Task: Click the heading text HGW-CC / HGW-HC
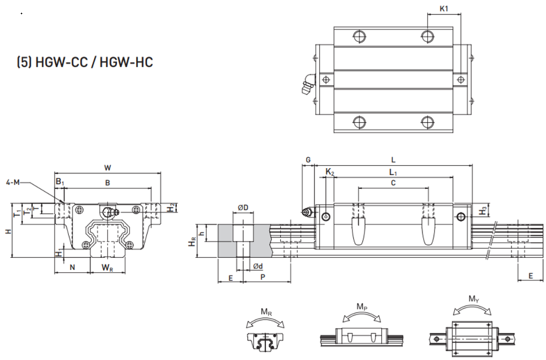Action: (94, 63)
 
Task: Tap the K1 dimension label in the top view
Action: (444, 9)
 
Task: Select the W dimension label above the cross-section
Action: (107, 168)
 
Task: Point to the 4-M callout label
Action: (13, 182)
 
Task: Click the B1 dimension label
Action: (60, 181)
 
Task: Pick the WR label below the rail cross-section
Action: (107, 268)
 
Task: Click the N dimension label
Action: (72, 268)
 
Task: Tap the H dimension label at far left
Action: (9, 231)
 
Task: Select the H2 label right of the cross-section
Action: (171, 208)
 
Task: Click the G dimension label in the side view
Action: (308, 160)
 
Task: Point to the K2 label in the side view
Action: (330, 172)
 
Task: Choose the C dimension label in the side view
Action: (393, 183)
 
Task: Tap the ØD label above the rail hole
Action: (243, 207)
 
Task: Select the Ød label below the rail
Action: (258, 266)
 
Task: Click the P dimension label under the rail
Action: (263, 277)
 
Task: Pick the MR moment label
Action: (267, 312)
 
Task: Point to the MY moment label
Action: (474, 299)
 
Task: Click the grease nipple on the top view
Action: (308, 84)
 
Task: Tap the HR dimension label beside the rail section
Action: (192, 241)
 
